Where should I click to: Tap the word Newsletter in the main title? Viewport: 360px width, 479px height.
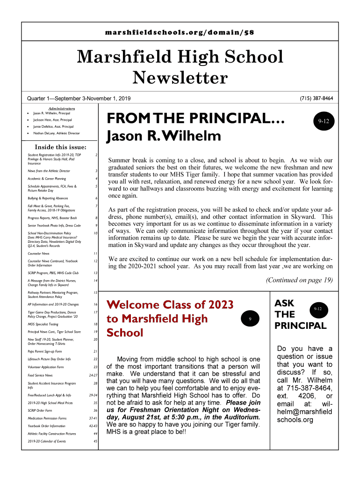point(180,78)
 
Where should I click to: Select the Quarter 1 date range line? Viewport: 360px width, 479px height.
point(79,99)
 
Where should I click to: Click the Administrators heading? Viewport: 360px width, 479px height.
point(62,109)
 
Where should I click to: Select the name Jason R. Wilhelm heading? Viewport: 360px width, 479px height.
point(163,137)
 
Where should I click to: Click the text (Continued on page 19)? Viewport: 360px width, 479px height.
point(299,280)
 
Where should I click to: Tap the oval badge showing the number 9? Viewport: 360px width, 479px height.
point(250,319)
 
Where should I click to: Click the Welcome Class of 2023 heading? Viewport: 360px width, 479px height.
point(170,305)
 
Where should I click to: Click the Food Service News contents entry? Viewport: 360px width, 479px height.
point(40,375)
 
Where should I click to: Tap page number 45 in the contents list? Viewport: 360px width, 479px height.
point(95,441)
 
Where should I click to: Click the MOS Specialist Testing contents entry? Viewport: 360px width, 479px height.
point(43,324)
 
